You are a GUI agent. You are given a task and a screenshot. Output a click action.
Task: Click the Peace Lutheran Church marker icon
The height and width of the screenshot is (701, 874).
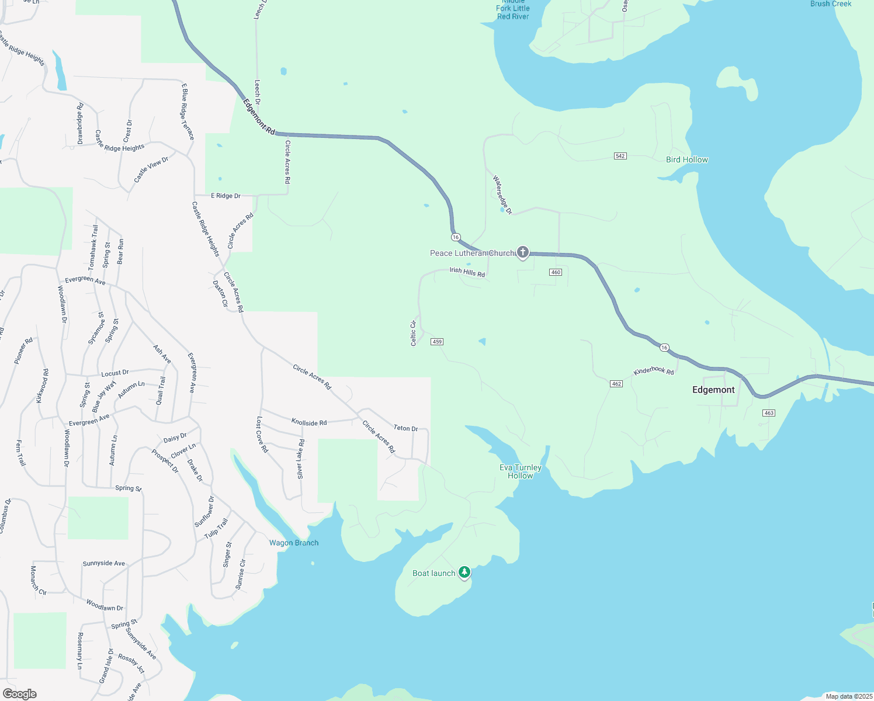pyautogui.click(x=522, y=252)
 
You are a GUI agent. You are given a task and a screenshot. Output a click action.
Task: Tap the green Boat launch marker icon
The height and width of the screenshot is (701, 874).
pyautogui.click(x=464, y=572)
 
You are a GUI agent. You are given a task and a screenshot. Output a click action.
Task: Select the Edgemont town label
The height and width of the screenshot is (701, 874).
pyautogui.click(x=713, y=390)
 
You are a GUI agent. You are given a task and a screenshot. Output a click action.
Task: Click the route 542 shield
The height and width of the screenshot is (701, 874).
pyautogui.click(x=620, y=156)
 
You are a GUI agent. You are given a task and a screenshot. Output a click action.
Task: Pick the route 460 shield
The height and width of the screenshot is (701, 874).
pyautogui.click(x=556, y=272)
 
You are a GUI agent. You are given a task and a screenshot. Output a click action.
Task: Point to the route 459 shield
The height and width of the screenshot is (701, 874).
pyautogui.click(x=437, y=342)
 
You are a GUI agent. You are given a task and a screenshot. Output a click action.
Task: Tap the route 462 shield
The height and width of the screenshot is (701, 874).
pyautogui.click(x=616, y=384)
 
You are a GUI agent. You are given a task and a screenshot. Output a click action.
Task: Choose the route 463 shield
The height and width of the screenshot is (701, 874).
pyautogui.click(x=769, y=413)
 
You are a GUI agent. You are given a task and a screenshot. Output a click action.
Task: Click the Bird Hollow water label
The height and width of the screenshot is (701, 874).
pyautogui.click(x=687, y=159)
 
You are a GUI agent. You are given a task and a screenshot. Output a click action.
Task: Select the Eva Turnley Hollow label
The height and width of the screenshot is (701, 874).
pyautogui.click(x=521, y=471)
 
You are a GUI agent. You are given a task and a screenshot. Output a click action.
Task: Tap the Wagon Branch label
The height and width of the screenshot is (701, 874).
pyautogui.click(x=294, y=543)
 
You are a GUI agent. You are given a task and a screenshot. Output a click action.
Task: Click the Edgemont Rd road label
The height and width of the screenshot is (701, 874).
pyautogui.click(x=259, y=117)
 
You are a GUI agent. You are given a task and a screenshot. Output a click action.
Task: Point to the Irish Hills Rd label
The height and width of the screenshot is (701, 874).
pyautogui.click(x=467, y=272)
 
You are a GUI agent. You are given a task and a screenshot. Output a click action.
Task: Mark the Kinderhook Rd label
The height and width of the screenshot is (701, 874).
pyautogui.click(x=654, y=372)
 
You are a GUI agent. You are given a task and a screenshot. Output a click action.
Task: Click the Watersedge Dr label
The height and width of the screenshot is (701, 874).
pyautogui.click(x=502, y=195)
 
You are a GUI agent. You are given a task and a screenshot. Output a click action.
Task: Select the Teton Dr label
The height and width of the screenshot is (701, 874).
pyautogui.click(x=405, y=428)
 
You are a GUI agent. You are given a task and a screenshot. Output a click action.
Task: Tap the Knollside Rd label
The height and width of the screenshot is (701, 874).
pyautogui.click(x=309, y=422)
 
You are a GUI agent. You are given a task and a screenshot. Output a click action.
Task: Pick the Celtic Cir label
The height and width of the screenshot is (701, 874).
pyautogui.click(x=414, y=333)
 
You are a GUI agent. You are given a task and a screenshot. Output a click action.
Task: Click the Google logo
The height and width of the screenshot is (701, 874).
pyautogui.click(x=20, y=693)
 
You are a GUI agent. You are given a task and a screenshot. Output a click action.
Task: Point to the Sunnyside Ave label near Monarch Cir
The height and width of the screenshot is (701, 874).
pyautogui.click(x=104, y=563)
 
